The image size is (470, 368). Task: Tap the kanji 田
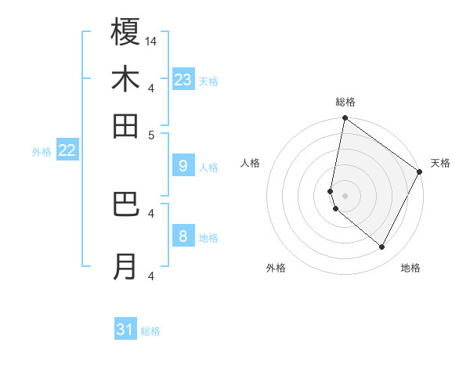click(x=125, y=125)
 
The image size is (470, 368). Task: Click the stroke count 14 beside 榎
click(x=151, y=41)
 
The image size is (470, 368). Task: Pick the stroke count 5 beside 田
click(x=151, y=134)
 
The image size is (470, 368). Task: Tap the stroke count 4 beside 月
click(x=151, y=276)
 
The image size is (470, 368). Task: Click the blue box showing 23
click(x=183, y=79)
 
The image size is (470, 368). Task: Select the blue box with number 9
click(x=183, y=166)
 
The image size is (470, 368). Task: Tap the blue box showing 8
click(x=183, y=236)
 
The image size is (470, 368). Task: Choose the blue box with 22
click(x=67, y=150)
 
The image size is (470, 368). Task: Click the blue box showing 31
click(x=125, y=330)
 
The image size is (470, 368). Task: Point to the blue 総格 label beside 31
click(x=150, y=331)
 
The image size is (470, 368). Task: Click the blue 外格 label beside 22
click(x=41, y=152)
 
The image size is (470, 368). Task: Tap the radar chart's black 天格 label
click(x=440, y=163)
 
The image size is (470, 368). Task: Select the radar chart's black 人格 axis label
click(x=251, y=163)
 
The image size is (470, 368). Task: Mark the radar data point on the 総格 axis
click(x=345, y=119)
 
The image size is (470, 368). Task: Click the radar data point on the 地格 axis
click(x=382, y=247)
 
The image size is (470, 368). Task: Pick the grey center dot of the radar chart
click(x=345, y=195)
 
